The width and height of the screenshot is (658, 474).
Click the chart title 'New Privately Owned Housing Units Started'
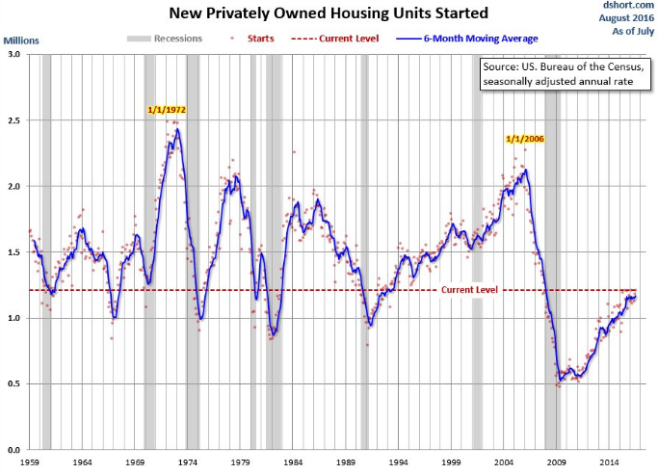click(329, 13)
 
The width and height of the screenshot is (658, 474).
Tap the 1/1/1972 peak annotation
click(167, 110)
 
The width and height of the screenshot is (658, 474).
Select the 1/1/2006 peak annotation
click(526, 139)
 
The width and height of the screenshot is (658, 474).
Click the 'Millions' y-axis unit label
click(22, 40)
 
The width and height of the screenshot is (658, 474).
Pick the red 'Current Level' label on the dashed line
click(469, 288)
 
